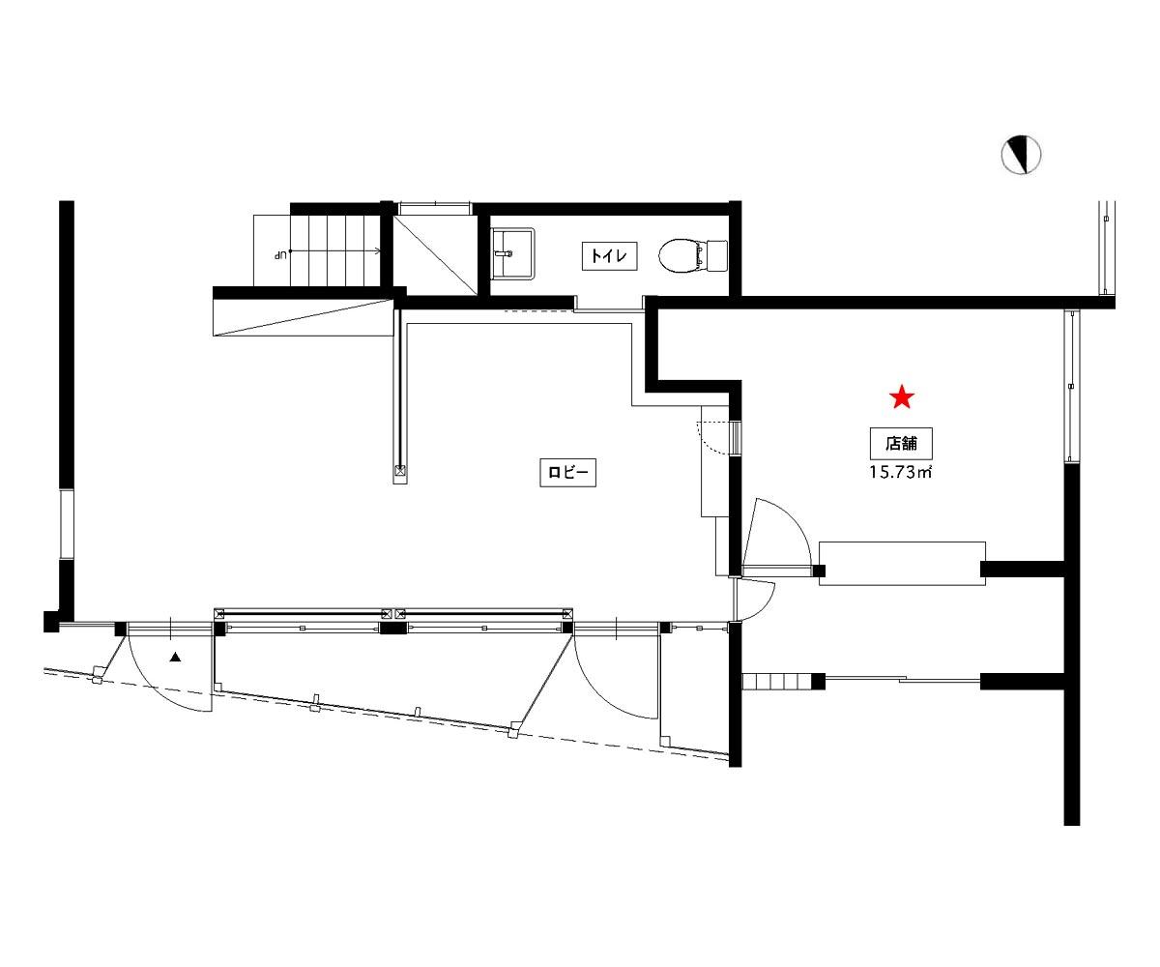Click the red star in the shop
902,396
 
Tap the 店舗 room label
901,444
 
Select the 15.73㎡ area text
900,473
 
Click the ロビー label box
567,472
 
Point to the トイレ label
609,255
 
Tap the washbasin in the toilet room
512,253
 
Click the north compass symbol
1021,155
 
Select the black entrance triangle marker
176,658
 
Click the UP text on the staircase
281,255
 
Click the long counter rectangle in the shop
902,563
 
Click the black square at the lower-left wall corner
51,622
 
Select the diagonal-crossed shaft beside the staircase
436,255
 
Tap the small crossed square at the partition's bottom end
399,470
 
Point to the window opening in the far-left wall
67,524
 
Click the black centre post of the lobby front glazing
393,628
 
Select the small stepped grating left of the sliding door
777,682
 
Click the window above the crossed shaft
436,208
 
